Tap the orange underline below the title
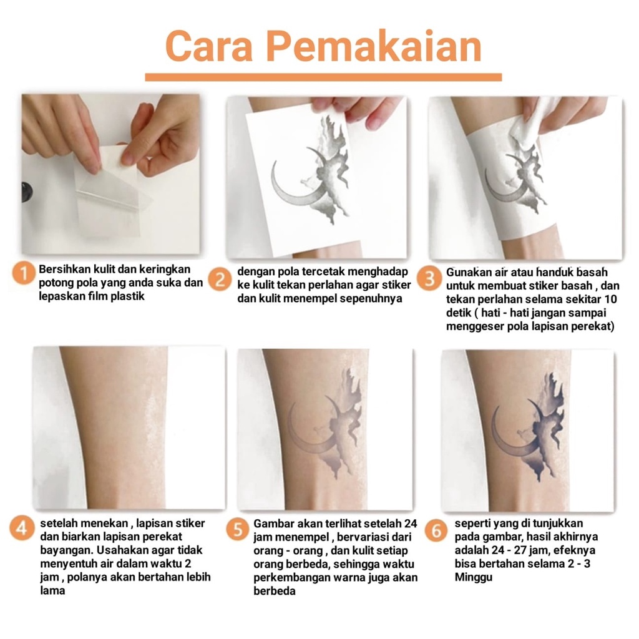(x=323, y=77)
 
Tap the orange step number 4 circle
(x=22, y=529)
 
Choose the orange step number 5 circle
(x=237, y=530)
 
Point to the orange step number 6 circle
(x=437, y=530)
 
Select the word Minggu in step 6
(x=474, y=577)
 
